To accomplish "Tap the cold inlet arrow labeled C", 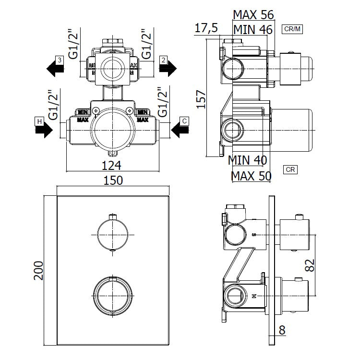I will coord(180,129).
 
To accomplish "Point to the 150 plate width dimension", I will coord(113,180).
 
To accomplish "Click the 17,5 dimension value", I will coord(206,28).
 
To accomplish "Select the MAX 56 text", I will coord(252,14).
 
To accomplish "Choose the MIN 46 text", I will coord(252,30).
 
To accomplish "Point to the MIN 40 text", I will coord(248,159).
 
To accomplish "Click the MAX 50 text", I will coord(251,175).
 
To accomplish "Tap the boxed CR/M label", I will coord(292,29).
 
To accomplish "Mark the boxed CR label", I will coord(290,169).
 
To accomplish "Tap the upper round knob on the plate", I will coord(113,233).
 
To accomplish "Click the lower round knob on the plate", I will coord(113,295).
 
